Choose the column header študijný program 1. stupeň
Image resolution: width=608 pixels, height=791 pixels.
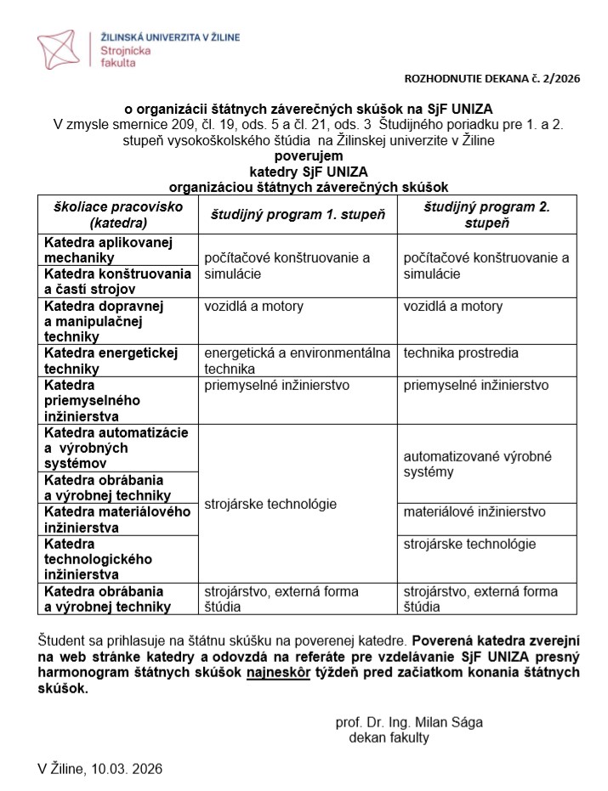click(298, 216)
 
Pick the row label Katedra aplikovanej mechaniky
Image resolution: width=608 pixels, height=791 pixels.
click(108, 250)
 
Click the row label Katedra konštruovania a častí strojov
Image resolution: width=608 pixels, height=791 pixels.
click(117, 281)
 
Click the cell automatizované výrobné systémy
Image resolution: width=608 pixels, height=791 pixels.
click(476, 464)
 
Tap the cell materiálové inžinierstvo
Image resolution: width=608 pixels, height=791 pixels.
click(474, 512)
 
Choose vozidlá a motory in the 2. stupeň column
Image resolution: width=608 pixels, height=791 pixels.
click(453, 307)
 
